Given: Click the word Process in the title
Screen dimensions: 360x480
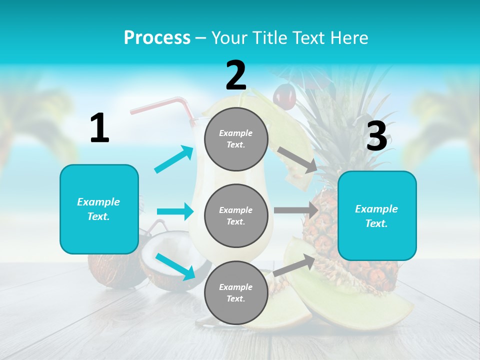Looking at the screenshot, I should (x=157, y=37).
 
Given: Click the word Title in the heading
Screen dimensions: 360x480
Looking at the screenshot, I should (x=271, y=37).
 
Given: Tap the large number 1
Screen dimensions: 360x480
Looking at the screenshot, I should (x=99, y=128).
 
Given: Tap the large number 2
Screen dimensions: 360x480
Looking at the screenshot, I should (x=236, y=75).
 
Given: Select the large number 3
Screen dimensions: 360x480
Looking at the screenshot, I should (x=376, y=136).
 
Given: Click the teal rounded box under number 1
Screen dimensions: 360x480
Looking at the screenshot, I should (x=99, y=209).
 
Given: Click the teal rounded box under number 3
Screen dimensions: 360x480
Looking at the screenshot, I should (x=376, y=216).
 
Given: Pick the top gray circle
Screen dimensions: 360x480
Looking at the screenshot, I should (x=236, y=139).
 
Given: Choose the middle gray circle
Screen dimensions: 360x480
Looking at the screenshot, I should (x=236, y=215).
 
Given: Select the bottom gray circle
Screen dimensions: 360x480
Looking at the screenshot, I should (x=236, y=292).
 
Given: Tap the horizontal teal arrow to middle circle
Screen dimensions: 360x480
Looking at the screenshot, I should (x=175, y=211).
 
